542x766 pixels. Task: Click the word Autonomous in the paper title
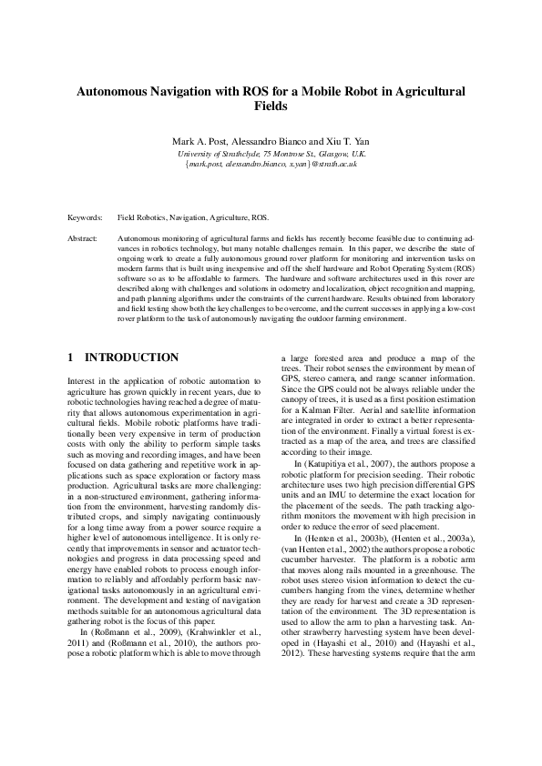tap(116, 92)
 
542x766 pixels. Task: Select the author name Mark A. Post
tap(198, 143)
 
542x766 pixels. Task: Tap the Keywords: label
tap(86, 218)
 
